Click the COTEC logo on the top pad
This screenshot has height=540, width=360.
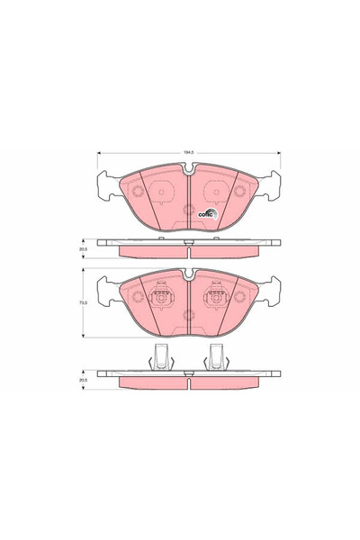205,213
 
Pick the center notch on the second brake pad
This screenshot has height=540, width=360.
186,274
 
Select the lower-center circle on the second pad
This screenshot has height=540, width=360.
186,315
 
